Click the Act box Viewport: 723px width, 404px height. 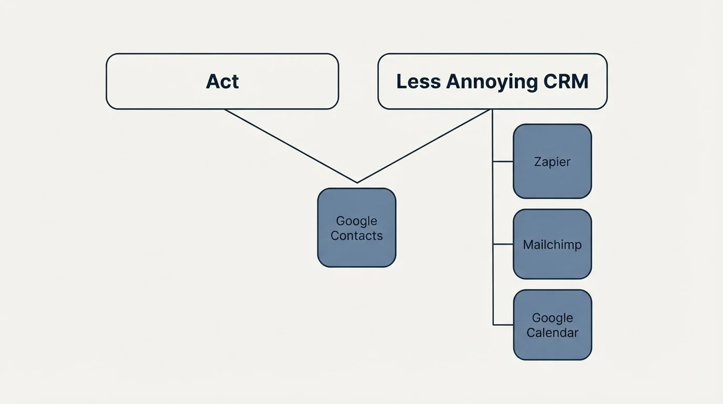point(222,82)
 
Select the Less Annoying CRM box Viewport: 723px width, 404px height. point(492,82)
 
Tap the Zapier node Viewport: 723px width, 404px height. point(552,161)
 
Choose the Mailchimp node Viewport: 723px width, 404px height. point(552,244)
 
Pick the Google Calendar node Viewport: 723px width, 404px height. point(552,325)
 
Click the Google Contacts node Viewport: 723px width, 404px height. point(357,228)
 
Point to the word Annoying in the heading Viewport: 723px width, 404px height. point(492,82)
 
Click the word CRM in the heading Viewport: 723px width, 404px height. point(566,81)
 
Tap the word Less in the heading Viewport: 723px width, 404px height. point(418,81)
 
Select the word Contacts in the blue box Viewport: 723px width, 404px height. point(357,236)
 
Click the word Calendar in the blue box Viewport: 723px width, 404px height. point(552,332)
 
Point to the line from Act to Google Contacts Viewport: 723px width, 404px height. point(291,146)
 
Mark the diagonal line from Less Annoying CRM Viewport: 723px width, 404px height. point(423,146)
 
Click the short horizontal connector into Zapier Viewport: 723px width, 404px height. point(503,161)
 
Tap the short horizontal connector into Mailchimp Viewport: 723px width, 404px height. point(503,244)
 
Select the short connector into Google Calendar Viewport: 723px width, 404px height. point(503,325)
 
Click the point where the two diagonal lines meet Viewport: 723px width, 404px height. point(357,183)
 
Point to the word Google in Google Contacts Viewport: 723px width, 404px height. point(357,221)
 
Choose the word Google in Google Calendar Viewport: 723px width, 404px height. point(552,318)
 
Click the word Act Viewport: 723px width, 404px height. point(222,82)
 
